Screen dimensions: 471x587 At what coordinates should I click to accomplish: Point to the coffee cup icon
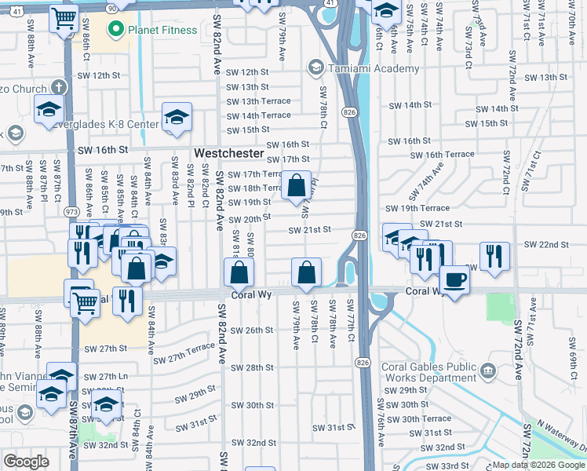[x=454, y=279]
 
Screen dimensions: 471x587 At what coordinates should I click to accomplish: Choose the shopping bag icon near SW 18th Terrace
[x=297, y=187]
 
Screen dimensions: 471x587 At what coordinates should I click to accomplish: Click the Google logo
[x=26, y=462]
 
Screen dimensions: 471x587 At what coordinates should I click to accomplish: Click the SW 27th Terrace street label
[x=184, y=353]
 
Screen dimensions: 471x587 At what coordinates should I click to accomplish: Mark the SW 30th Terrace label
[x=426, y=418]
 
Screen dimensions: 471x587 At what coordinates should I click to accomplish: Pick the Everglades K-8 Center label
[x=112, y=124]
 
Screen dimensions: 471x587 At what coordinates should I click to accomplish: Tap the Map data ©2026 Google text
[x=538, y=464]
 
